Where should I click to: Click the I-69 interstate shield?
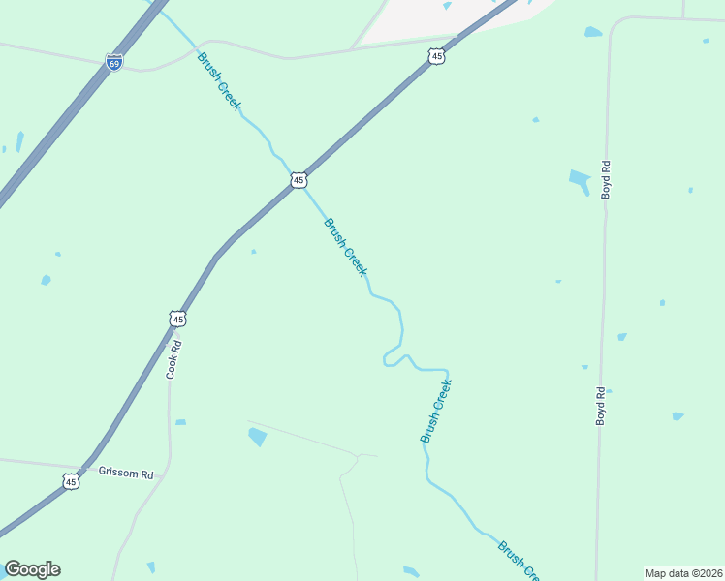[x=114, y=63]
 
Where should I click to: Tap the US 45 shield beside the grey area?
[x=436, y=58]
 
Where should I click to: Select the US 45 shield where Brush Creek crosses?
[x=299, y=180]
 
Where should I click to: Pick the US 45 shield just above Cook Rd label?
[x=177, y=319]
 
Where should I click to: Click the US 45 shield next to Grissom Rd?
[x=70, y=481]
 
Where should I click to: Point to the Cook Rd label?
[x=173, y=357]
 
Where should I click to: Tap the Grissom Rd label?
[x=126, y=474]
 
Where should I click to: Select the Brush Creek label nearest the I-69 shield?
[x=218, y=82]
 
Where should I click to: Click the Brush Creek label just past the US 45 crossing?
[x=345, y=247]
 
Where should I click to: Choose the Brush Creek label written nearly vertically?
[x=436, y=412]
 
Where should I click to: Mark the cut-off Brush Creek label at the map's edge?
[x=519, y=561]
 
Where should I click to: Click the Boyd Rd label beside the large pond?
[x=606, y=180]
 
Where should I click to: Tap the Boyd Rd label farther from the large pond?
[x=601, y=407]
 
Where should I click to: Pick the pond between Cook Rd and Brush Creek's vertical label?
[x=257, y=437]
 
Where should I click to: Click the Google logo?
[x=32, y=569]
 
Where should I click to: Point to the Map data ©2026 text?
[x=683, y=573]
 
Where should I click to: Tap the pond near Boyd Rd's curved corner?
[x=593, y=32]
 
